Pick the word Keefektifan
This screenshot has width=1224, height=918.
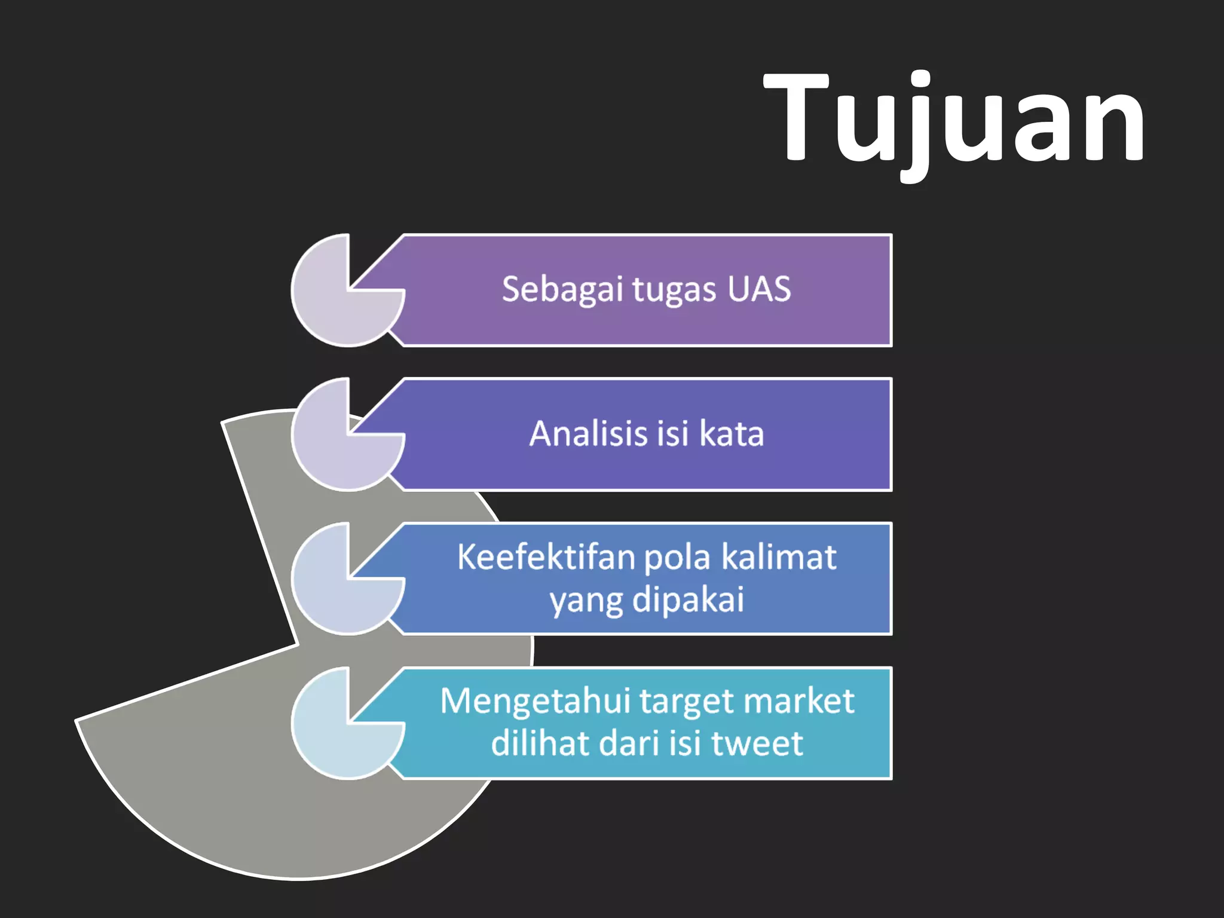(546, 557)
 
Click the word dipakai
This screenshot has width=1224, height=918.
(688, 599)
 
